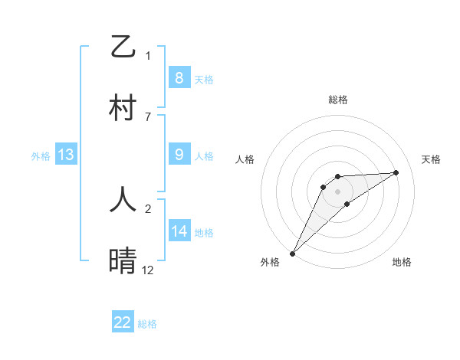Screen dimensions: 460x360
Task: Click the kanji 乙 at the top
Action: [123, 47]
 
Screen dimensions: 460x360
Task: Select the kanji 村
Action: [123, 108]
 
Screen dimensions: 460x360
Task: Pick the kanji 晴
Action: [123, 261]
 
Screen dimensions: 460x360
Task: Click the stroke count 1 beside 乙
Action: [148, 55]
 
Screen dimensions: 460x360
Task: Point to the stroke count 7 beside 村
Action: [148, 116]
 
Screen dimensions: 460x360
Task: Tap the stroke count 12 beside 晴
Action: [148, 270]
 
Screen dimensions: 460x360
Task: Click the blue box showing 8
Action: [179, 77]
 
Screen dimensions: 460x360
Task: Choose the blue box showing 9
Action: [179, 155]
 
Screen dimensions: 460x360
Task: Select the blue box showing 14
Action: [179, 231]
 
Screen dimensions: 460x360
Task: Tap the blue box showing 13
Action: [65, 155]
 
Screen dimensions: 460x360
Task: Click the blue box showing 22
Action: [123, 322]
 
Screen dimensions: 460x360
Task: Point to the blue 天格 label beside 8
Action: [204, 79]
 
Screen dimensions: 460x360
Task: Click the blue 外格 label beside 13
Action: [41, 156]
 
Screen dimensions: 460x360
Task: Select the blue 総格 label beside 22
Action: [147, 324]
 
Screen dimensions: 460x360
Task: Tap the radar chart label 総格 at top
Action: [337, 100]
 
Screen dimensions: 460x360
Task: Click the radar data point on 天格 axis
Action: [396, 172]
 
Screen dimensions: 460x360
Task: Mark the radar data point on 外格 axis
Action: [292, 252]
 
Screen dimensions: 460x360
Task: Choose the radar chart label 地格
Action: [402, 262]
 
